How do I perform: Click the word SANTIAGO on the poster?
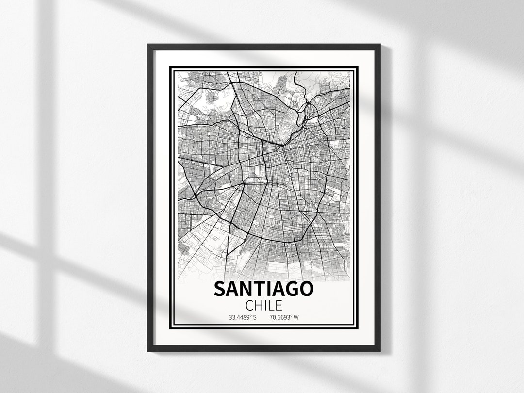click(263, 289)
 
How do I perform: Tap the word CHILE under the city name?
click(263, 306)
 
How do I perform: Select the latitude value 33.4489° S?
click(243, 318)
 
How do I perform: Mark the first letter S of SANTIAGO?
click(220, 289)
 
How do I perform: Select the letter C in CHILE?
click(250, 306)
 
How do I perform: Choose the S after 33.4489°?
click(254, 318)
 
